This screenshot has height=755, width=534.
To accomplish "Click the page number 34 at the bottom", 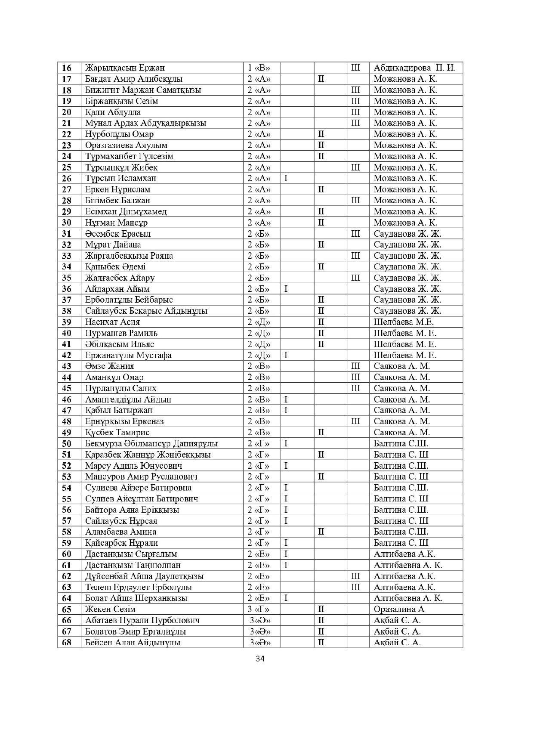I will pyautogui.click(x=259, y=659).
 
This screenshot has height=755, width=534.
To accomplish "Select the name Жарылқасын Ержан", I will pyautogui.click(x=125, y=68).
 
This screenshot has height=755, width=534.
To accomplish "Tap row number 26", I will pyautogui.click(x=67, y=178).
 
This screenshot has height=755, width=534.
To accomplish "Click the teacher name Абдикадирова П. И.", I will pyautogui.click(x=414, y=68).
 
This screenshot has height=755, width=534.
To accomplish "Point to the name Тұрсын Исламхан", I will pyautogui.click(x=120, y=178).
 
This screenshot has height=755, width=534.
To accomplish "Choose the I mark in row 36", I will pyautogui.click(x=286, y=289).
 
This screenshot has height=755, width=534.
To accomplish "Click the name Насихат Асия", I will pyautogui.click(x=112, y=322).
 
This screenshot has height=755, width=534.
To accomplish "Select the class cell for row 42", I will pyautogui.click(x=259, y=355).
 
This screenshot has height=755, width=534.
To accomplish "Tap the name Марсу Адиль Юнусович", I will pyautogui.click(x=133, y=466).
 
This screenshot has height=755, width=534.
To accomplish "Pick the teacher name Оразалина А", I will pyautogui.click(x=399, y=609).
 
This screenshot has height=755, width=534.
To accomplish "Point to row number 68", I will pyautogui.click(x=67, y=643).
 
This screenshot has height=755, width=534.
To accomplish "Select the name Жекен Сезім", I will pyautogui.click(x=110, y=609).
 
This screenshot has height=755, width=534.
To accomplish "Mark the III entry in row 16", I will pyautogui.click(x=356, y=68).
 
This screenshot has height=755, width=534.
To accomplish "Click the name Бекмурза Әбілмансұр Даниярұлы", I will pyautogui.click(x=151, y=443).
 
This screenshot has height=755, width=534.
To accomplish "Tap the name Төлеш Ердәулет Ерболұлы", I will pyautogui.click(x=138, y=587).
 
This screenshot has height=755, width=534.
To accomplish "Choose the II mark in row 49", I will pyautogui.click(x=321, y=432).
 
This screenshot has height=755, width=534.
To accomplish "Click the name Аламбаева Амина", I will pyautogui.click(x=120, y=532).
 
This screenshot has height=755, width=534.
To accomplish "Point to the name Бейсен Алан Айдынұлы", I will pyautogui.click(x=133, y=643).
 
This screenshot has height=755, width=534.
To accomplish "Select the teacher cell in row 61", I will pyautogui.click(x=407, y=565).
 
